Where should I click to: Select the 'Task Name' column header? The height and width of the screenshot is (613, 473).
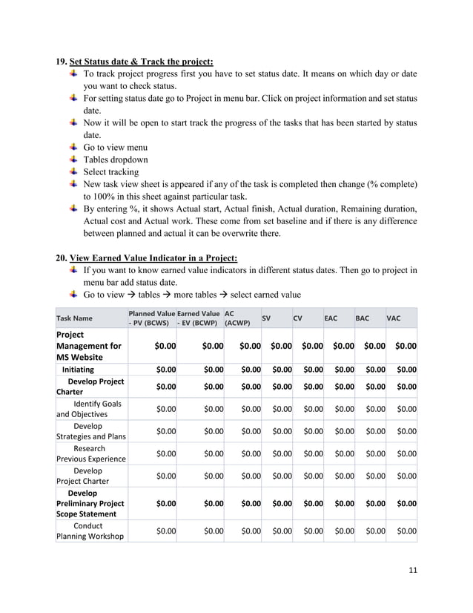tap(75, 318)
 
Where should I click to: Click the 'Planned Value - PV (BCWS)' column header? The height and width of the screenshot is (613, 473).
tap(151, 318)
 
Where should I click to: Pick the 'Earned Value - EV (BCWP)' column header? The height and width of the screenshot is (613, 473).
tap(199, 318)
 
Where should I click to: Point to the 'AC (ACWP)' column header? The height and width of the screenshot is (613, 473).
tap(237, 318)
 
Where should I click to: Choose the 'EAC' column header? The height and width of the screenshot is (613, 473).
tap(331, 318)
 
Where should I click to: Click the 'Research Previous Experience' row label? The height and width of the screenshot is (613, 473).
tap(90, 453)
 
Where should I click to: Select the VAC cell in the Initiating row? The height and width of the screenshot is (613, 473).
tap(402, 369)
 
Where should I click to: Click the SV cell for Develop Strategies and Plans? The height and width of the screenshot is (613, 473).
tap(277, 431)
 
